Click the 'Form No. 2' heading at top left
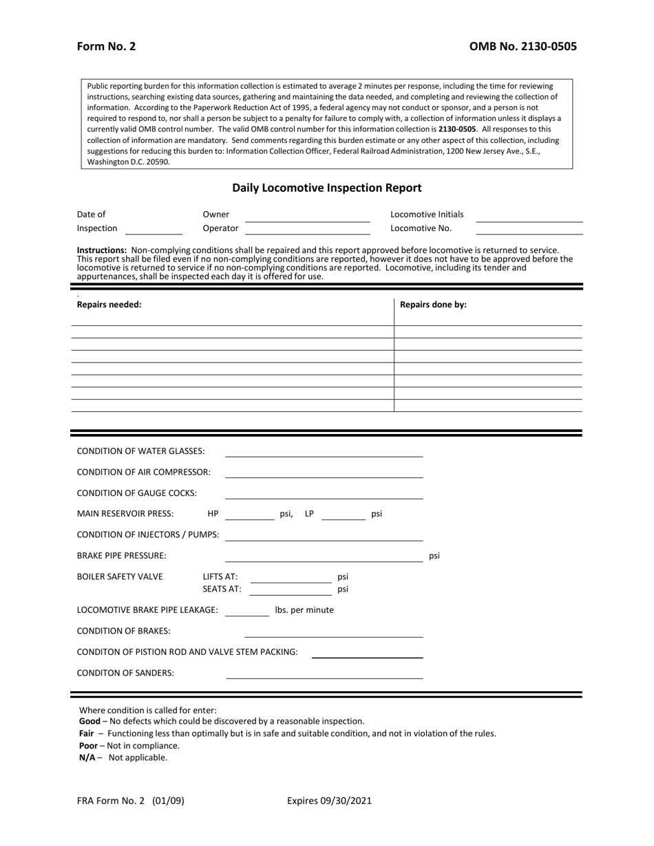(x=106, y=47)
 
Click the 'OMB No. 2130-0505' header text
(x=523, y=47)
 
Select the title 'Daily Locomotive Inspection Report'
(x=326, y=187)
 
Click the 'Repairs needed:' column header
(x=109, y=305)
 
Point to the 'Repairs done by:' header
(x=433, y=305)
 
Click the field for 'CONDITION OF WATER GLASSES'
(x=324, y=451)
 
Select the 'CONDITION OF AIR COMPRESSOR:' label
(x=143, y=472)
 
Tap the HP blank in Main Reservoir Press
(x=249, y=514)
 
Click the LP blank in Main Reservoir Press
(x=344, y=514)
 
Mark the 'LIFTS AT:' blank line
(x=290, y=577)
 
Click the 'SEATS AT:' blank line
(x=290, y=589)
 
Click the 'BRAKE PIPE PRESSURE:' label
(x=121, y=556)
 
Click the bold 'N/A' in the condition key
(x=87, y=757)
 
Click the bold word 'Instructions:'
(x=102, y=250)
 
